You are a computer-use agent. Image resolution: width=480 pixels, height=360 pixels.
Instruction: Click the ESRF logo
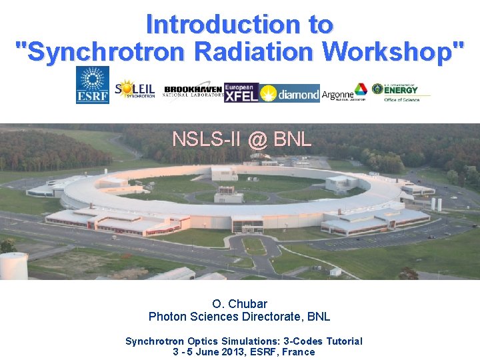coord(93,85)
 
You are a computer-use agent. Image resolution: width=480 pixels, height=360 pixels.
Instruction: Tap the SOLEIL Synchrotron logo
coord(135,90)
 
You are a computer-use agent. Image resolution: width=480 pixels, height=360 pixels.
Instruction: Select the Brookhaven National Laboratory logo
coord(193,92)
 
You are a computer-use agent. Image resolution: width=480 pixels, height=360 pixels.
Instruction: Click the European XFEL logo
coord(241,93)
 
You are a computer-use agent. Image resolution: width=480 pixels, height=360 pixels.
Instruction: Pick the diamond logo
coord(289,94)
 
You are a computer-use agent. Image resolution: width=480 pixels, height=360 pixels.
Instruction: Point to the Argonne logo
coord(344,94)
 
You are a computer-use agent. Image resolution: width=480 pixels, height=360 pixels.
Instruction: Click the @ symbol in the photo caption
coord(259,139)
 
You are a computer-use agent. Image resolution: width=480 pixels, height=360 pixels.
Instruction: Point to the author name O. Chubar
coord(239,304)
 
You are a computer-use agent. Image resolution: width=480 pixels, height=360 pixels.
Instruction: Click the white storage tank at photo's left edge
coord(13,265)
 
